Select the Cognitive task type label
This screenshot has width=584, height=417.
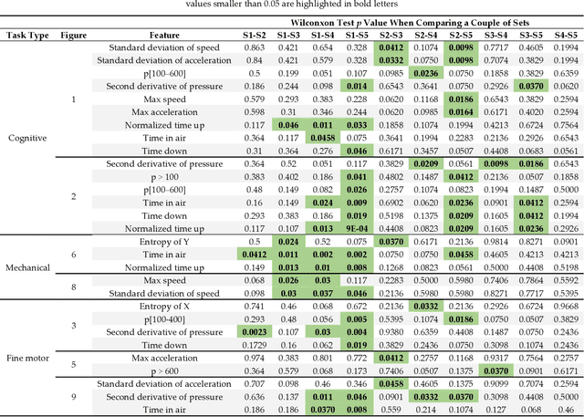(26, 137)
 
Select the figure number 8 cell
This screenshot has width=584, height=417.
(75, 287)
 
